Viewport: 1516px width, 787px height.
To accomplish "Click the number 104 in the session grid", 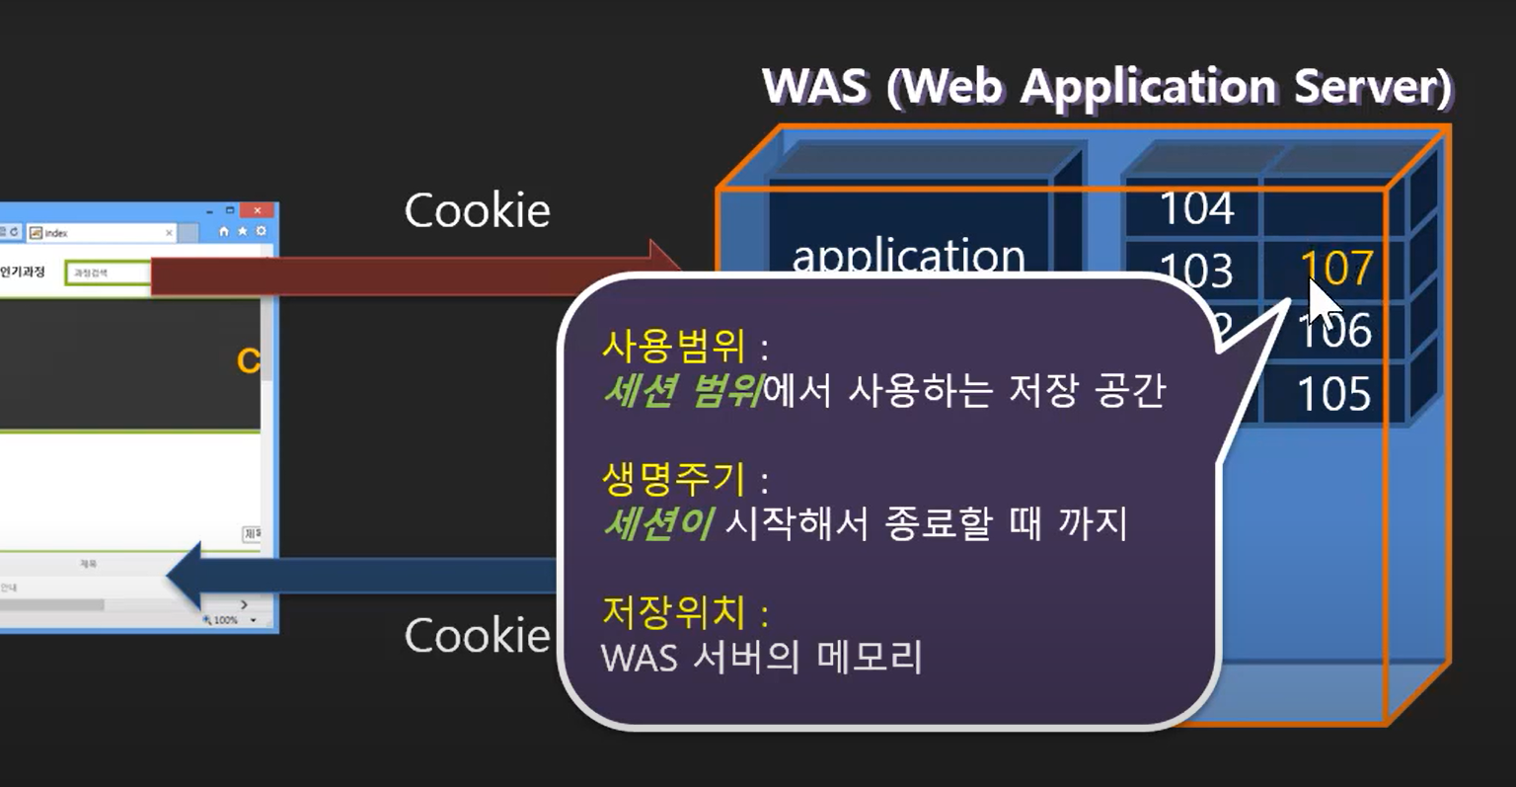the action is [1196, 208].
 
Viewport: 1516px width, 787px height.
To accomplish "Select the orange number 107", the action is [1336, 268].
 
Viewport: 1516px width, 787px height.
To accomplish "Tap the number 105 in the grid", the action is [1333, 394].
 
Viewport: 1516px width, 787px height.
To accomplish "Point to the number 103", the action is [1195, 270].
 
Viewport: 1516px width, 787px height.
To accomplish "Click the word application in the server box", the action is [908, 256].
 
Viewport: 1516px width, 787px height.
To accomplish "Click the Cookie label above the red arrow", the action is [477, 210].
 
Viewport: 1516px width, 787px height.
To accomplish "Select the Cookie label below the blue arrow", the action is [477, 635].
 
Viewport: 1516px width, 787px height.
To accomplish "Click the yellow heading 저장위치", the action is [673, 612].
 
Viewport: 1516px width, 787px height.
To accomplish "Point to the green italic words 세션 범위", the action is [681, 391].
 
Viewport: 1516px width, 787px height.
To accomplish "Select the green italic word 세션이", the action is [657, 523].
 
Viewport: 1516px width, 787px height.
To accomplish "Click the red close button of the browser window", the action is [257, 210].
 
